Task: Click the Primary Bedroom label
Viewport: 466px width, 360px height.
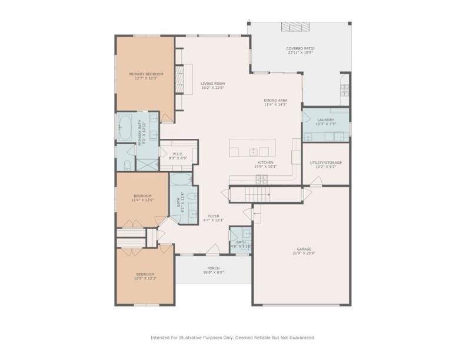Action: (146, 74)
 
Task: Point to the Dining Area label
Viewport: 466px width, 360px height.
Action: (275, 101)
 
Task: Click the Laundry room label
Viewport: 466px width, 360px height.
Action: (325, 119)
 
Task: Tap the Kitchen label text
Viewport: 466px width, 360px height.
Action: (265, 162)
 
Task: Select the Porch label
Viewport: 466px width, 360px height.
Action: (213, 268)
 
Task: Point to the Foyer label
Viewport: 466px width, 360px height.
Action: (213, 216)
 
